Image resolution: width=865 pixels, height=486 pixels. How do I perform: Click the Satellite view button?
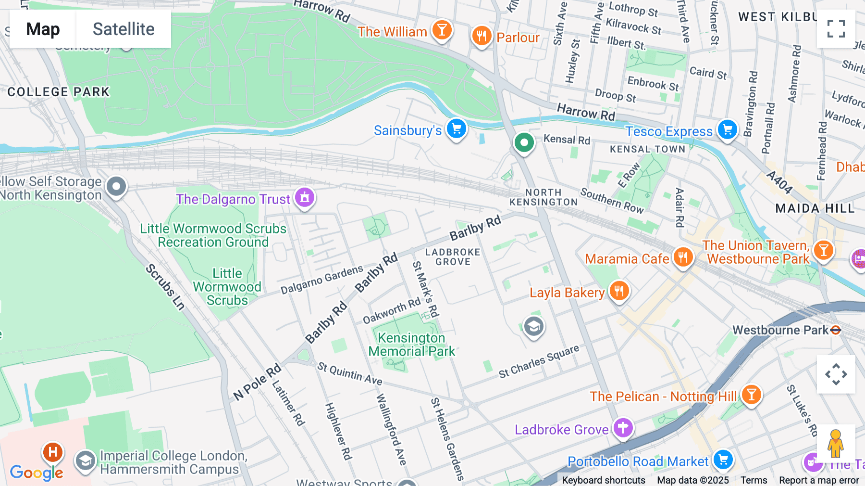pyautogui.click(x=124, y=29)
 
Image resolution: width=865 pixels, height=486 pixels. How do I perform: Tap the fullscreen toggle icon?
pyautogui.click(x=836, y=29)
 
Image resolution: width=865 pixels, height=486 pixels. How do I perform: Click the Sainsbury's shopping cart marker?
pyautogui.click(x=456, y=129)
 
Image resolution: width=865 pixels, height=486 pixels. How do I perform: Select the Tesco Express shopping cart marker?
pyautogui.click(x=727, y=129)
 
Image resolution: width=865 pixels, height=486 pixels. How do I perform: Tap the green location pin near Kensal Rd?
pyautogui.click(x=524, y=143)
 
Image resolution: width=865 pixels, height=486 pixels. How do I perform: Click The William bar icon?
pyautogui.click(x=442, y=30)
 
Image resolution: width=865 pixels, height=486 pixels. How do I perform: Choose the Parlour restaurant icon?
pyautogui.click(x=481, y=36)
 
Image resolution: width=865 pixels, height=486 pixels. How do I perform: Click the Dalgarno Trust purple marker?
pyautogui.click(x=304, y=197)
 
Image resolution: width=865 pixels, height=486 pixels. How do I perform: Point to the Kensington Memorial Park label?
pyautogui.click(x=411, y=345)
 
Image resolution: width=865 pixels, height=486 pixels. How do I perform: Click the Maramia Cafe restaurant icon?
pyautogui.click(x=683, y=257)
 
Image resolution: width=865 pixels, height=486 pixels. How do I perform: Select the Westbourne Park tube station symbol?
pyautogui.click(x=836, y=330)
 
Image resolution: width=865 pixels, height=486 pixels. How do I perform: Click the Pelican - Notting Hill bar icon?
pyautogui.click(x=751, y=395)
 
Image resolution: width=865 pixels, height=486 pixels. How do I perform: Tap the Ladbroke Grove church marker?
pyautogui.click(x=623, y=427)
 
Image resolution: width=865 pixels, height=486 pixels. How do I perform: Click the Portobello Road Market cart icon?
pyautogui.click(x=723, y=460)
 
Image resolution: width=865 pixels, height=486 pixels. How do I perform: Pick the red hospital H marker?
pyautogui.click(x=53, y=452)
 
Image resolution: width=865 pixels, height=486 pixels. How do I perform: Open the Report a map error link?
pyautogui.click(x=818, y=480)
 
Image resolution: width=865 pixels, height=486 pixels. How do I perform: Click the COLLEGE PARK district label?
pyautogui.click(x=59, y=92)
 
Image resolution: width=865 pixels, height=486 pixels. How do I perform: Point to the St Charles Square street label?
pyautogui.click(x=539, y=361)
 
